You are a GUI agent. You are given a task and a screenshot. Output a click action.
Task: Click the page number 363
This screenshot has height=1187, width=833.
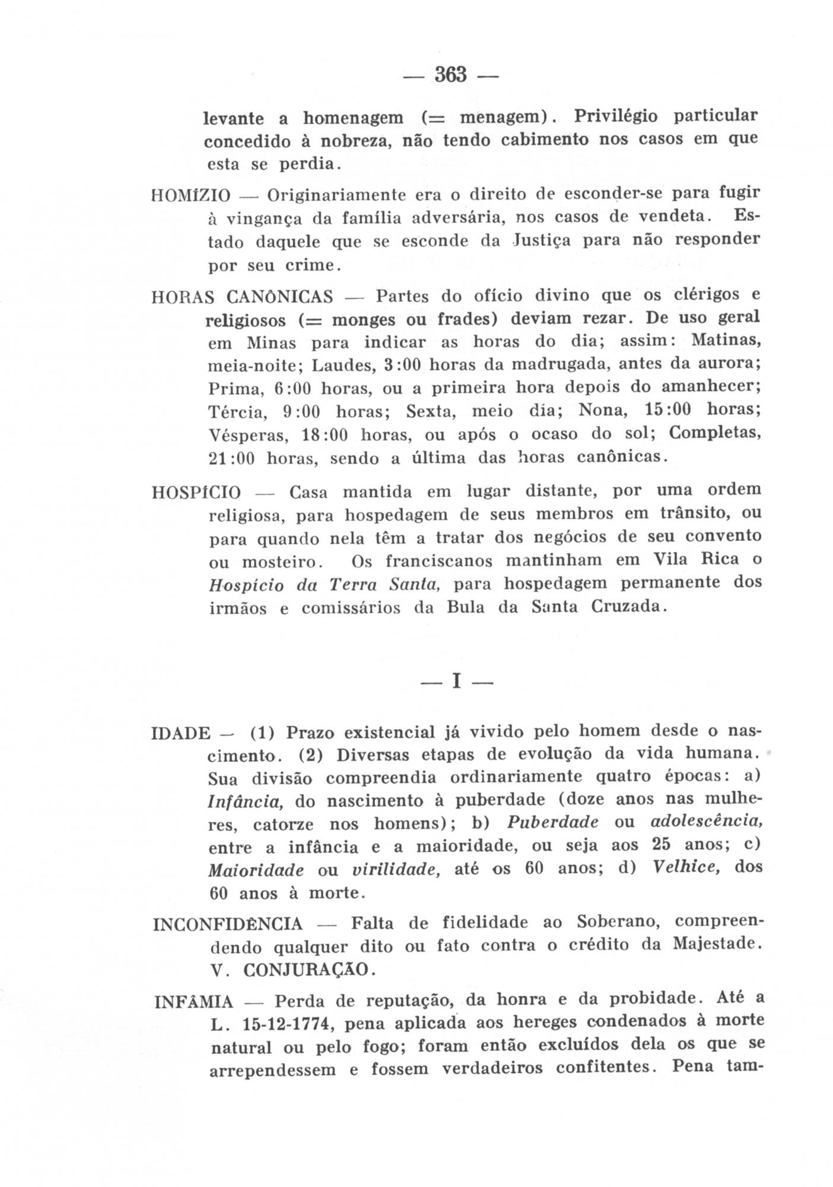click(451, 75)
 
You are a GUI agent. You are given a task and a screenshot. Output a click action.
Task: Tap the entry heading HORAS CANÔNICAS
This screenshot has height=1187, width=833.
click(242, 297)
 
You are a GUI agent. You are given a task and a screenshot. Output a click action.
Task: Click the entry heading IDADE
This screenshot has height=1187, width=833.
click(181, 734)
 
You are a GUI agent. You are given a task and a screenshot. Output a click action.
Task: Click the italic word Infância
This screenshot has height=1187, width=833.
click(244, 802)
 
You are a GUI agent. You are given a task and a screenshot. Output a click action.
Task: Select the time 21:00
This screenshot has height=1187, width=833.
click(231, 459)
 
